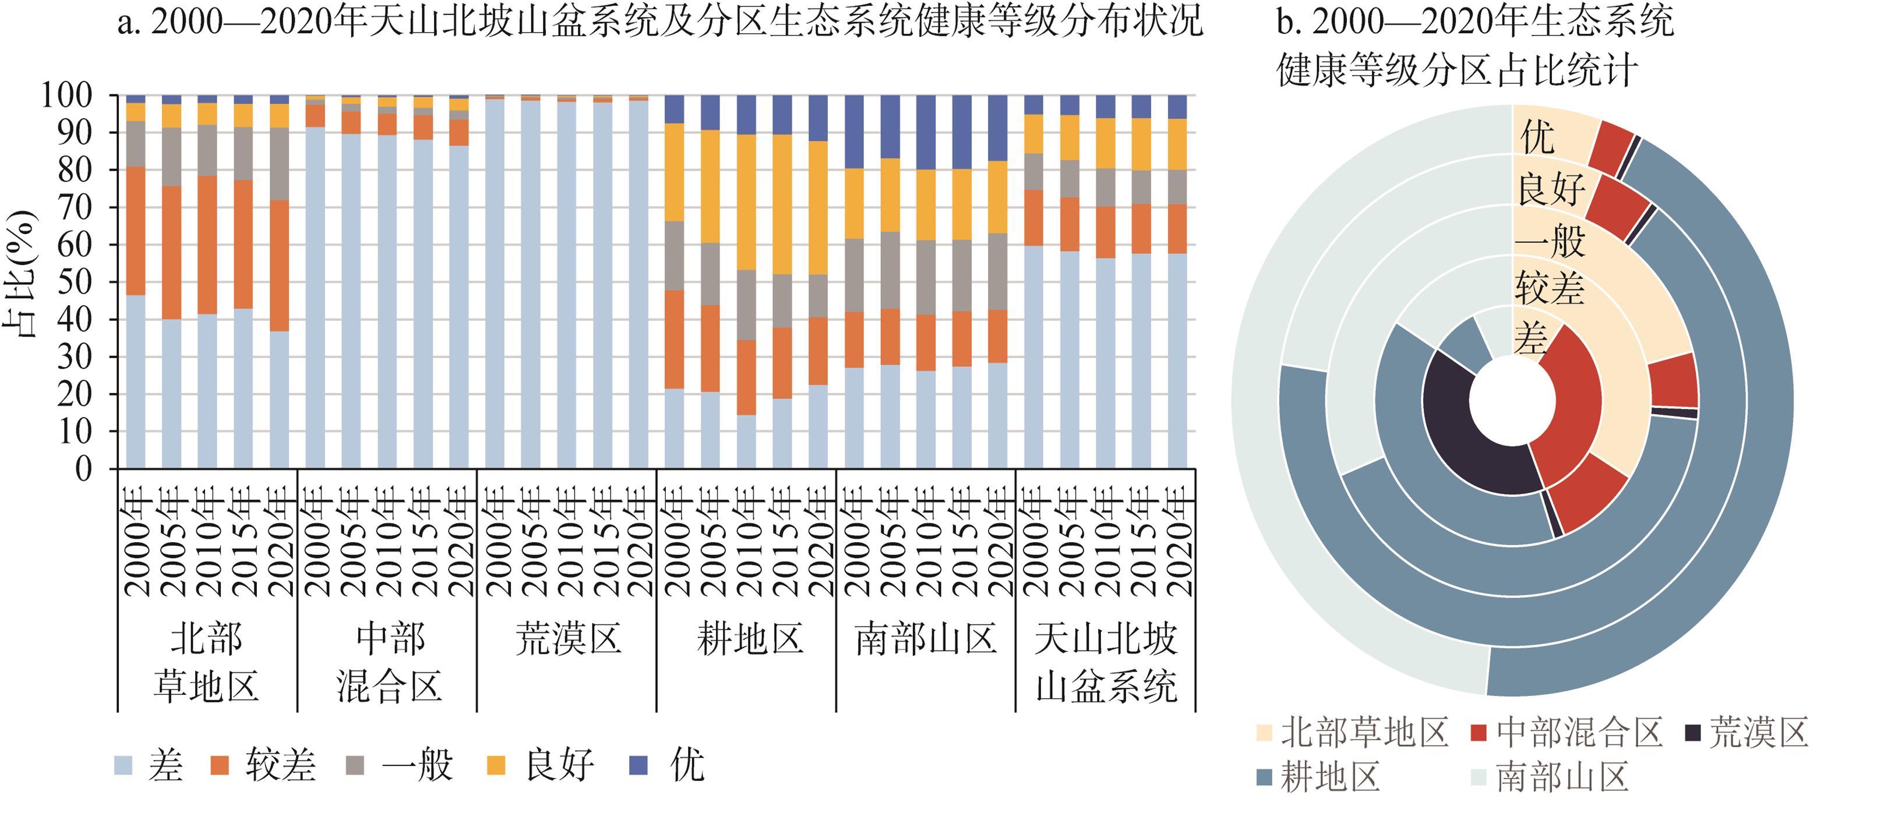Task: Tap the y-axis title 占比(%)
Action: (x=20, y=274)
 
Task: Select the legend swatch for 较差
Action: (x=220, y=765)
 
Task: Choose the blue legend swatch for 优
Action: (x=639, y=765)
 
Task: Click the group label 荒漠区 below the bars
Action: (x=568, y=638)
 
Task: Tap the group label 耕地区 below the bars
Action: (x=749, y=638)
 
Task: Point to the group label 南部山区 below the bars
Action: (x=926, y=638)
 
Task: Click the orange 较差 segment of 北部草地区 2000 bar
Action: (x=135, y=230)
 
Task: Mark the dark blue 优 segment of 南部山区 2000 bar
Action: (x=854, y=132)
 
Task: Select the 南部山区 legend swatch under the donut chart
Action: (x=1478, y=776)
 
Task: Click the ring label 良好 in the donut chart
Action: (x=1551, y=190)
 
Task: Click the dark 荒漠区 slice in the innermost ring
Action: (x=1470, y=432)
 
